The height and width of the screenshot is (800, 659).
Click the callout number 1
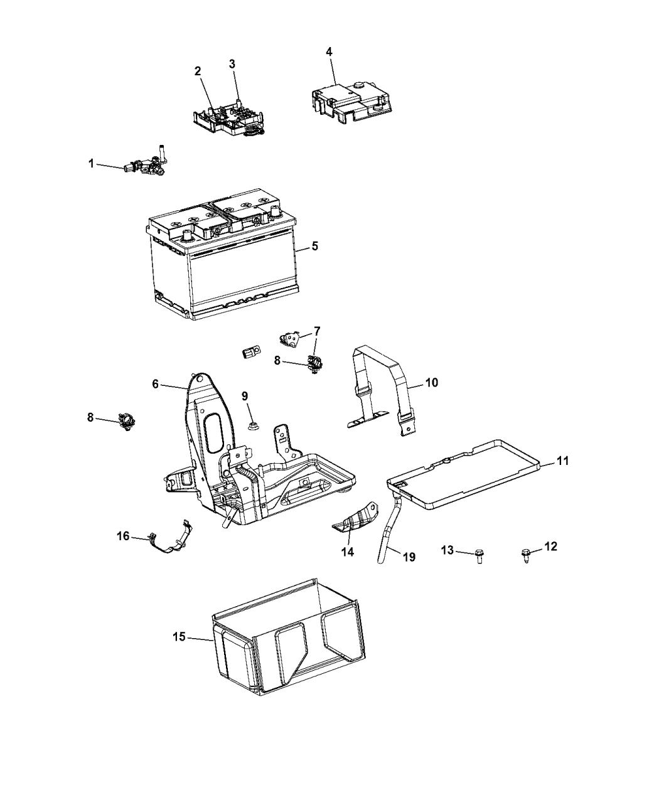91,164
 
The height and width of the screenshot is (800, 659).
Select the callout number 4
329,51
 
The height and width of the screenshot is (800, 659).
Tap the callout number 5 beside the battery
314,246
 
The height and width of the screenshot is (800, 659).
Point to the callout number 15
179,637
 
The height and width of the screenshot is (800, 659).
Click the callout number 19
408,557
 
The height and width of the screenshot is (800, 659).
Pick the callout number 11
562,461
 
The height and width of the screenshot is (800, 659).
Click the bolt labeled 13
479,556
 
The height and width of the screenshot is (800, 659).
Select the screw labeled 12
525,554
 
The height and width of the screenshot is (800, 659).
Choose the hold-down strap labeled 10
380,389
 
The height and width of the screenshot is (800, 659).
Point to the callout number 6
155,385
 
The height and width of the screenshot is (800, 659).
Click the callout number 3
232,64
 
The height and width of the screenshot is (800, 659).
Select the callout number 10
432,381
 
